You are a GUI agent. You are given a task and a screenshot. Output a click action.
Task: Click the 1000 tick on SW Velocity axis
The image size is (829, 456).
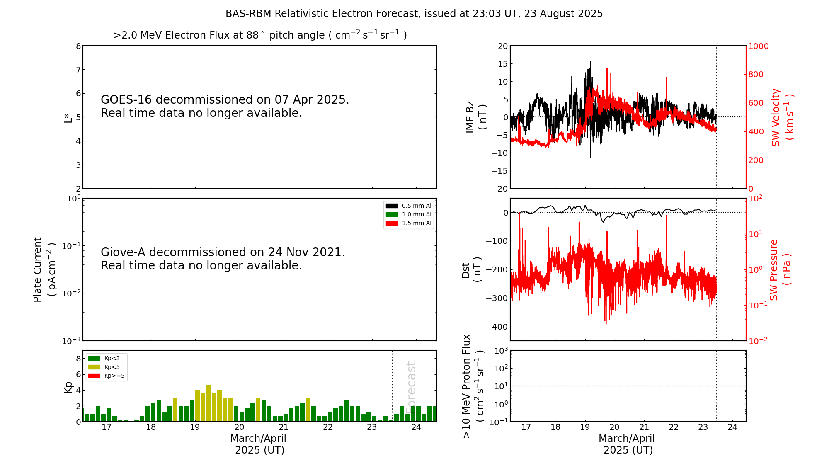tap(758, 46)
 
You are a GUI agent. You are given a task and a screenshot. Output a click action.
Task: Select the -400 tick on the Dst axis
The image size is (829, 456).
tap(499, 327)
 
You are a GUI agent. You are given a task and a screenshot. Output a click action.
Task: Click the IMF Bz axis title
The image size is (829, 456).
tap(475, 117)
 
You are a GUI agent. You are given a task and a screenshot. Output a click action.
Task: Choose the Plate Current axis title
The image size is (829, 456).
tap(44, 269)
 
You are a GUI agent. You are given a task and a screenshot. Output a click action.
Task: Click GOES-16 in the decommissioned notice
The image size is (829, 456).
tap(126, 100)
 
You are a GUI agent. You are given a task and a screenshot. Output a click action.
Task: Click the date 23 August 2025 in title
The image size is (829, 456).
tap(563, 14)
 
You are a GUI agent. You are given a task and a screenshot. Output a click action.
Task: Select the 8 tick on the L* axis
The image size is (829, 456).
tap(78, 46)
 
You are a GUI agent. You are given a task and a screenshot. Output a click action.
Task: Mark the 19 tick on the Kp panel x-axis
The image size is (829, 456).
tap(195, 427)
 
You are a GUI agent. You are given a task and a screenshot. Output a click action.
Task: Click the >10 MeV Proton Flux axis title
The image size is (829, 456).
tap(473, 386)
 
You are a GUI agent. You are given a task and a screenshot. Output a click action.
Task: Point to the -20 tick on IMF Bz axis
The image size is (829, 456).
tap(499, 189)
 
